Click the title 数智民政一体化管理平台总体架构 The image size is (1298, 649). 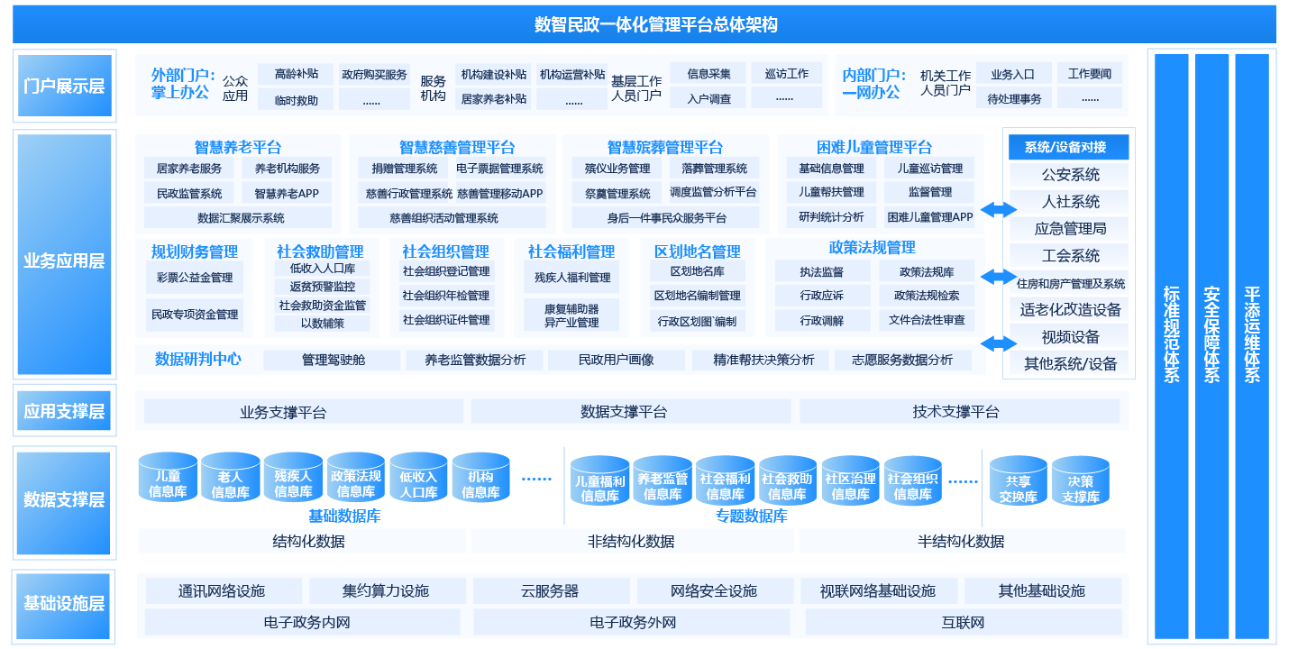[655, 24]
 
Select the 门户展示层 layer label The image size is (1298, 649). [64, 86]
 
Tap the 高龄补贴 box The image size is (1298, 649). [296, 74]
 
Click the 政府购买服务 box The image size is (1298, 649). [374, 74]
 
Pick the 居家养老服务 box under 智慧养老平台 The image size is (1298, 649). [188, 168]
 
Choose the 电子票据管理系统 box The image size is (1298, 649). [499, 168]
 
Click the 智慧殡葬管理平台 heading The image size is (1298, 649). [664, 147]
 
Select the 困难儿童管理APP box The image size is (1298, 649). [929, 217]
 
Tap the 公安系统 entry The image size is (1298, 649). [1070, 175]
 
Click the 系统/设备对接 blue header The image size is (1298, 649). [1070, 148]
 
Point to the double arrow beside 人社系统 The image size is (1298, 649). [998, 209]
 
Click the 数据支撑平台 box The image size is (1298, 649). [624, 412]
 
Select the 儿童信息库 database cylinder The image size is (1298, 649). [168, 480]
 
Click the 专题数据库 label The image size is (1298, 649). [751, 516]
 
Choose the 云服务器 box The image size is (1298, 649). [550, 591]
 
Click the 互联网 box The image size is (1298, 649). [963, 622]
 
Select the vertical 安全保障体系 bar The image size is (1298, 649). [1211, 347]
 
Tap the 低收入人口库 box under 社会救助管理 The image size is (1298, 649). [322, 268]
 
